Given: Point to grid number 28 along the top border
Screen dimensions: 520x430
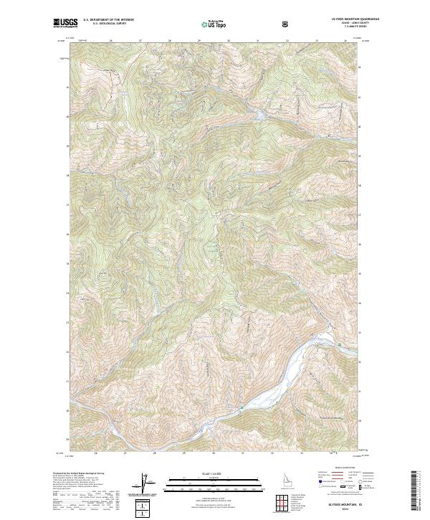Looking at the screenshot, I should (x=170, y=42).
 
